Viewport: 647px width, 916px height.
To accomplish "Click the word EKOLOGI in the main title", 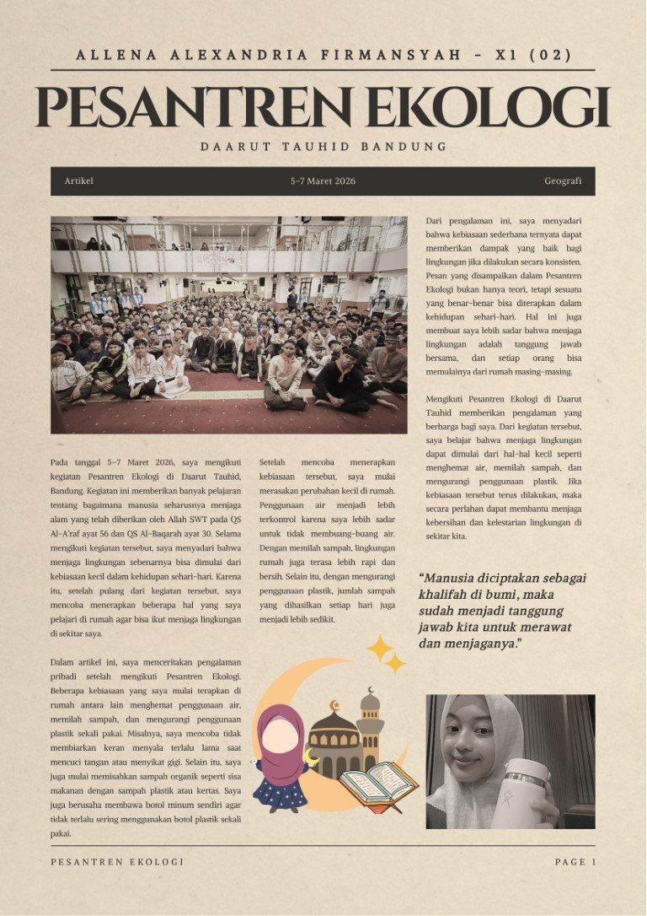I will [492, 107].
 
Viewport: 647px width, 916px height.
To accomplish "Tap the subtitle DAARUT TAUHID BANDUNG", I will [323, 147].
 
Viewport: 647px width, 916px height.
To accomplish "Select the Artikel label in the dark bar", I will [78, 181].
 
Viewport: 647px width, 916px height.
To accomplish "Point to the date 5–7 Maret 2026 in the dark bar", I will [323, 181].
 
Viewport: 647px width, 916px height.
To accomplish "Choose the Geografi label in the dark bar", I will [563, 181].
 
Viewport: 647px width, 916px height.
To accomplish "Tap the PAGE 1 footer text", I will [575, 862].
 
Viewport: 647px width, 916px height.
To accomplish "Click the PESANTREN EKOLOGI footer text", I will [117, 862].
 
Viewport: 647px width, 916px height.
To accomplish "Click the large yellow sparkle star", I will [381, 649].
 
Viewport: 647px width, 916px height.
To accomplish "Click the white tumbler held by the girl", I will [522, 793].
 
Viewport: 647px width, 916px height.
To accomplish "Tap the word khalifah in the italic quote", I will [444, 595].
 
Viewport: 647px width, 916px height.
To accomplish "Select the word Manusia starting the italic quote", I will [453, 579].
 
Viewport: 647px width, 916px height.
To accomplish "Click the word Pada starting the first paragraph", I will [59, 462].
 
